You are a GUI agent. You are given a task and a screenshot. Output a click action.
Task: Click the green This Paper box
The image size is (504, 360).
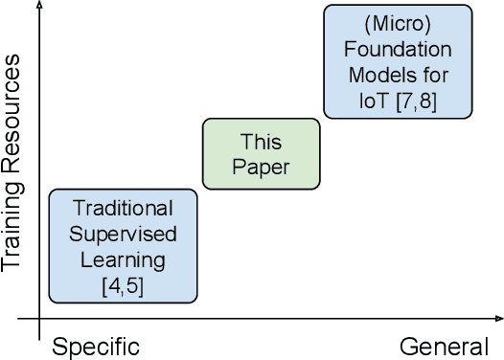262,157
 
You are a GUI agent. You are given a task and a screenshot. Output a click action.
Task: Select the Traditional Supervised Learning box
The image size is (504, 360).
123,245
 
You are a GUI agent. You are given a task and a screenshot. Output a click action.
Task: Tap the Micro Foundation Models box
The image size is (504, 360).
398,61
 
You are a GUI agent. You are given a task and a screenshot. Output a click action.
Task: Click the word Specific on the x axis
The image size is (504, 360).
96,346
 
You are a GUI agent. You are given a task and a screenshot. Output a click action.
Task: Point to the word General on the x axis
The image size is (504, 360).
445,346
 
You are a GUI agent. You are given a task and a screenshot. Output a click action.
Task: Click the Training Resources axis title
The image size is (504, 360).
13,163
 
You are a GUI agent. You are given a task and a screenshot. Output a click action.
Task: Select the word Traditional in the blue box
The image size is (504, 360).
123,208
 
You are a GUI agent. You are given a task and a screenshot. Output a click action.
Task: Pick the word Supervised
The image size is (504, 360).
123,234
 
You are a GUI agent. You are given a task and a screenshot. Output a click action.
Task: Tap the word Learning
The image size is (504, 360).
123,259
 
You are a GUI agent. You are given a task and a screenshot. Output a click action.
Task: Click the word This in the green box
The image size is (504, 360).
262,144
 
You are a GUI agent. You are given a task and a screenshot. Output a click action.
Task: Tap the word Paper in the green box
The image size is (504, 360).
262,169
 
